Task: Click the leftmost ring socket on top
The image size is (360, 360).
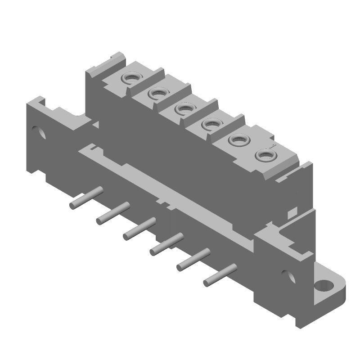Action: [132, 78]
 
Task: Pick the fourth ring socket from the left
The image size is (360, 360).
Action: [210, 124]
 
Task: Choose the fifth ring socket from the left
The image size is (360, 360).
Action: [236, 140]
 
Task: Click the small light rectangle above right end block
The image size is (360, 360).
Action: [292, 211]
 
